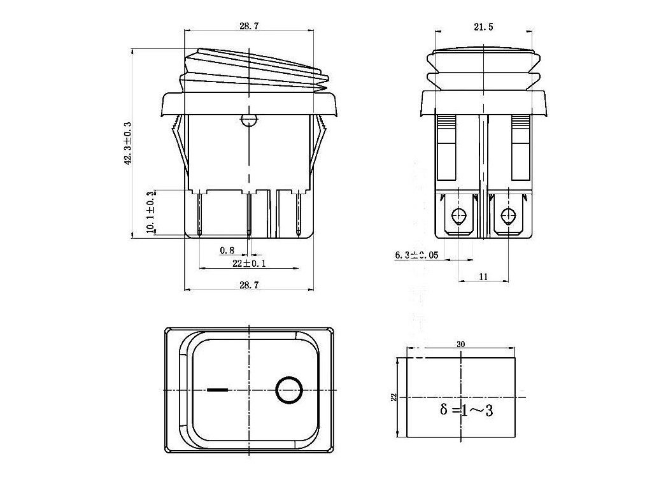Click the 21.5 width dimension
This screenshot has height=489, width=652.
[483, 27]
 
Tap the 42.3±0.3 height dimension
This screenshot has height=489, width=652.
[127, 143]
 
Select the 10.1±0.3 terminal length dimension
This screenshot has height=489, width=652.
[150, 211]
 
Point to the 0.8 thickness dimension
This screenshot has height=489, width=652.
[227, 250]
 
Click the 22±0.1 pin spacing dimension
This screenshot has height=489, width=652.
[249, 263]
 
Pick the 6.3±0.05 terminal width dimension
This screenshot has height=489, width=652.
[416, 255]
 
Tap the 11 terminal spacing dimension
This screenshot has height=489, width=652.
[483, 276]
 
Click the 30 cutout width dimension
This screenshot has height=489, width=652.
[461, 344]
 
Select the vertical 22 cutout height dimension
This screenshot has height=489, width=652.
[393, 397]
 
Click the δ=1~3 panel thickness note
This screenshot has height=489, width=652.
[466, 410]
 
